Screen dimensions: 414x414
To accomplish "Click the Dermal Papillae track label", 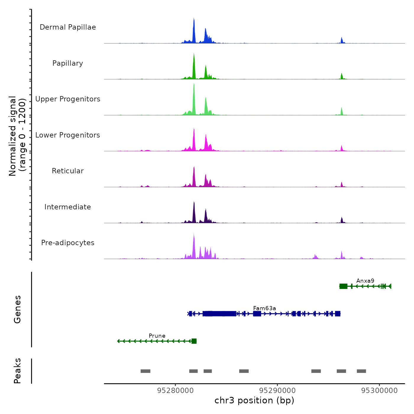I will tap(68, 27).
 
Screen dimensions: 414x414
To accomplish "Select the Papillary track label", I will tap(68, 63).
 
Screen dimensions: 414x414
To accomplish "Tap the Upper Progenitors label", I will tap(68, 99).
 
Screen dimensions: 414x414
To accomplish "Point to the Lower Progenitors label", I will tap(68, 135).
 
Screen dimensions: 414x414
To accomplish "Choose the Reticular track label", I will tap(68, 171).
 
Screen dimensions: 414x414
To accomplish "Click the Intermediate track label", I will tap(68, 207).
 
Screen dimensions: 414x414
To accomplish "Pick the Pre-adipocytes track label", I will tap(68, 243).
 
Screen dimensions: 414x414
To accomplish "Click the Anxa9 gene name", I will tap(365, 281).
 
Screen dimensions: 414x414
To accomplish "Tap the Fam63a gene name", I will tap(264, 308).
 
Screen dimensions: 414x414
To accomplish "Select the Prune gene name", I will tap(157, 336).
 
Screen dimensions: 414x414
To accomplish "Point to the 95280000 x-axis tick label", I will tap(176, 390).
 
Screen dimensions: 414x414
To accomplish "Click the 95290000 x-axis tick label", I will tap(278, 390).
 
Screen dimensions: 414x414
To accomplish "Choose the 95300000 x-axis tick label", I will tap(380, 390).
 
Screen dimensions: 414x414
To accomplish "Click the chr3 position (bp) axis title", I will tap(254, 400).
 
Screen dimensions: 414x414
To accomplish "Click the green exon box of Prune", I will tap(194, 341).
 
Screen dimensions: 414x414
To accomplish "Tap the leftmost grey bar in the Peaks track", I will tap(145, 371).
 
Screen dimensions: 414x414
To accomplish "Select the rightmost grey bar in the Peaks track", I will tap(361, 371).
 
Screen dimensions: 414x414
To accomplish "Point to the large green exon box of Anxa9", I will tap(343, 286).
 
